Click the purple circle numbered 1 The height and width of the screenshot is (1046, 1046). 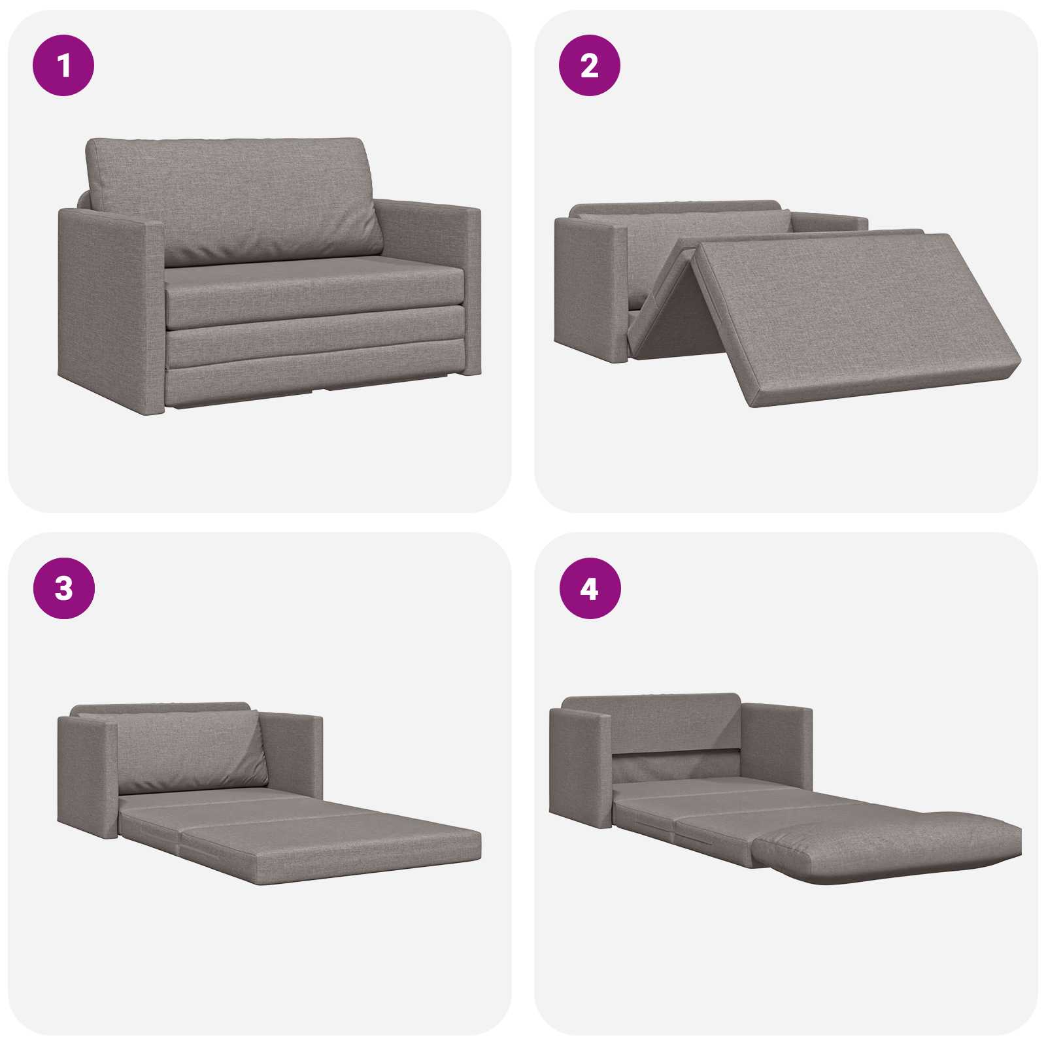click(x=63, y=65)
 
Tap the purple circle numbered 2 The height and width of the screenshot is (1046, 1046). click(x=589, y=65)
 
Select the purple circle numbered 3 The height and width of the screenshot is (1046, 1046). click(x=63, y=588)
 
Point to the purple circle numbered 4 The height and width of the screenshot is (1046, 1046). click(x=589, y=588)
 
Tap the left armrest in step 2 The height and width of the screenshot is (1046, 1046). click(x=592, y=288)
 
